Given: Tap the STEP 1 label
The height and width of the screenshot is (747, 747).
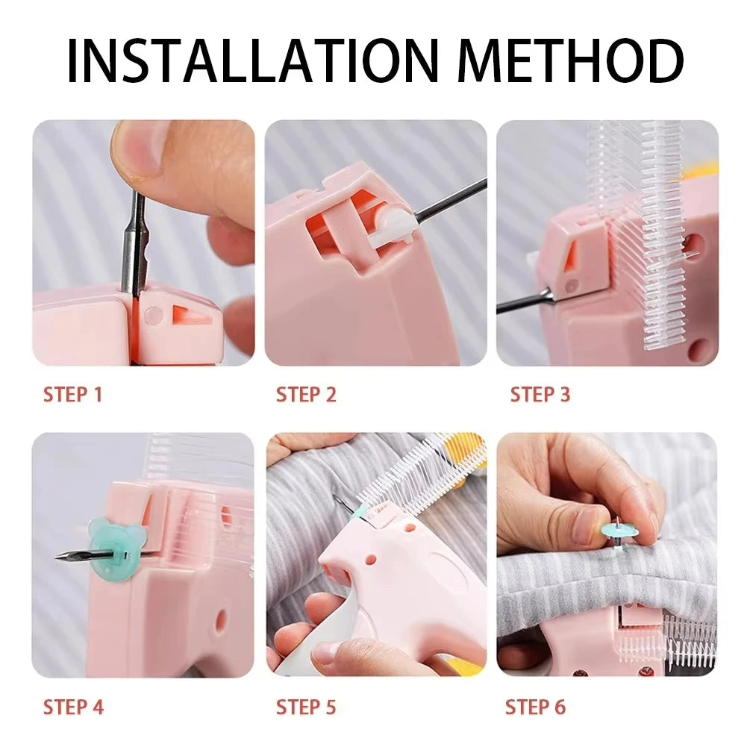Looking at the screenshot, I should point(72,395).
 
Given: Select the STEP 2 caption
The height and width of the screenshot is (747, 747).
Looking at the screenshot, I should point(306,395).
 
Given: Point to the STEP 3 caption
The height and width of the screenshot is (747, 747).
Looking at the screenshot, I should point(540,395).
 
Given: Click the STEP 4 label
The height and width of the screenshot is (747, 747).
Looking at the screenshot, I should point(73,706).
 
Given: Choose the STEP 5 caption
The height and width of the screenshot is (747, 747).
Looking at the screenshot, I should point(306,706).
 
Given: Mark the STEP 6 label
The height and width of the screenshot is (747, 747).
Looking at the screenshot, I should point(535,706).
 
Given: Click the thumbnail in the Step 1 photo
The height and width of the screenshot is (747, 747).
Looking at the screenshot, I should point(142,149).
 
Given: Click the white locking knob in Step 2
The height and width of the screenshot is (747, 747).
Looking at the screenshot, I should point(394,224).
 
